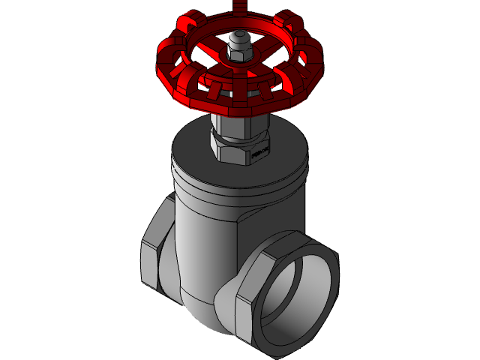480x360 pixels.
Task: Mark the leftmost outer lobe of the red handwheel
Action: click(166, 71)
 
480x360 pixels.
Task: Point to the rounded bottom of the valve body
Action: click(202, 315)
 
